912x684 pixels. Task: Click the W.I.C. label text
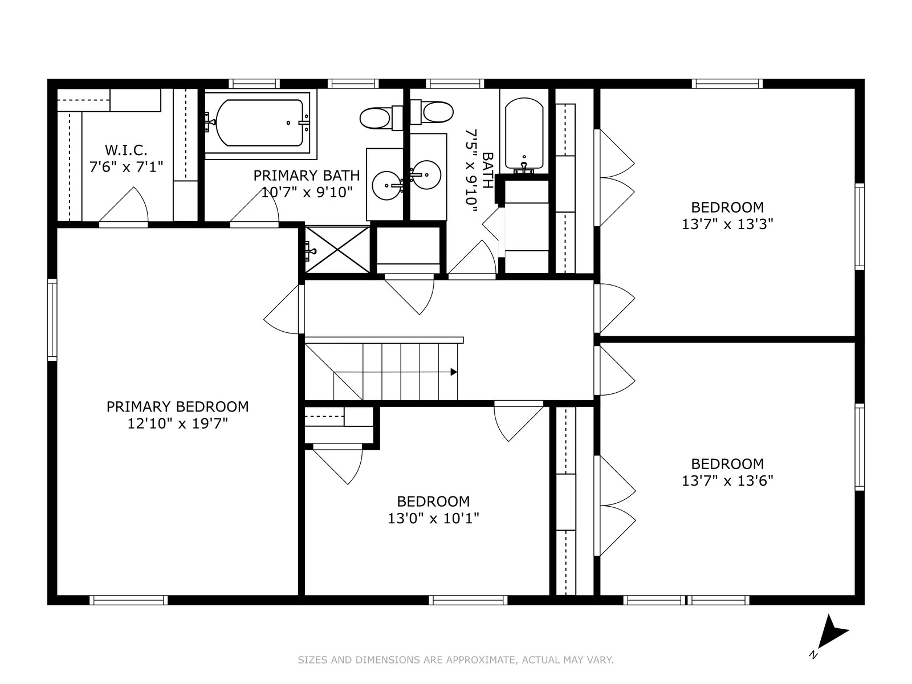(126, 149)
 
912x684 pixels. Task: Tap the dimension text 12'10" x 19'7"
(177, 424)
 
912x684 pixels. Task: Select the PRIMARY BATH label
(307, 176)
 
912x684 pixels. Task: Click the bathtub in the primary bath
(260, 123)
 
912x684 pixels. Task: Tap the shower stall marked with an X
(337, 250)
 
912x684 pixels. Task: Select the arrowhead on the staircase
(454, 372)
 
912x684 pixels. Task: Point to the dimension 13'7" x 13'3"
(727, 224)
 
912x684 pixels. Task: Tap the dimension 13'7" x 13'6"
(727, 481)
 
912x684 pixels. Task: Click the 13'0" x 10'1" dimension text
(433, 519)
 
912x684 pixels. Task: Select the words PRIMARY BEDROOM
(177, 406)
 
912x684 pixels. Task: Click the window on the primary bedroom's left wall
(52, 320)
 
